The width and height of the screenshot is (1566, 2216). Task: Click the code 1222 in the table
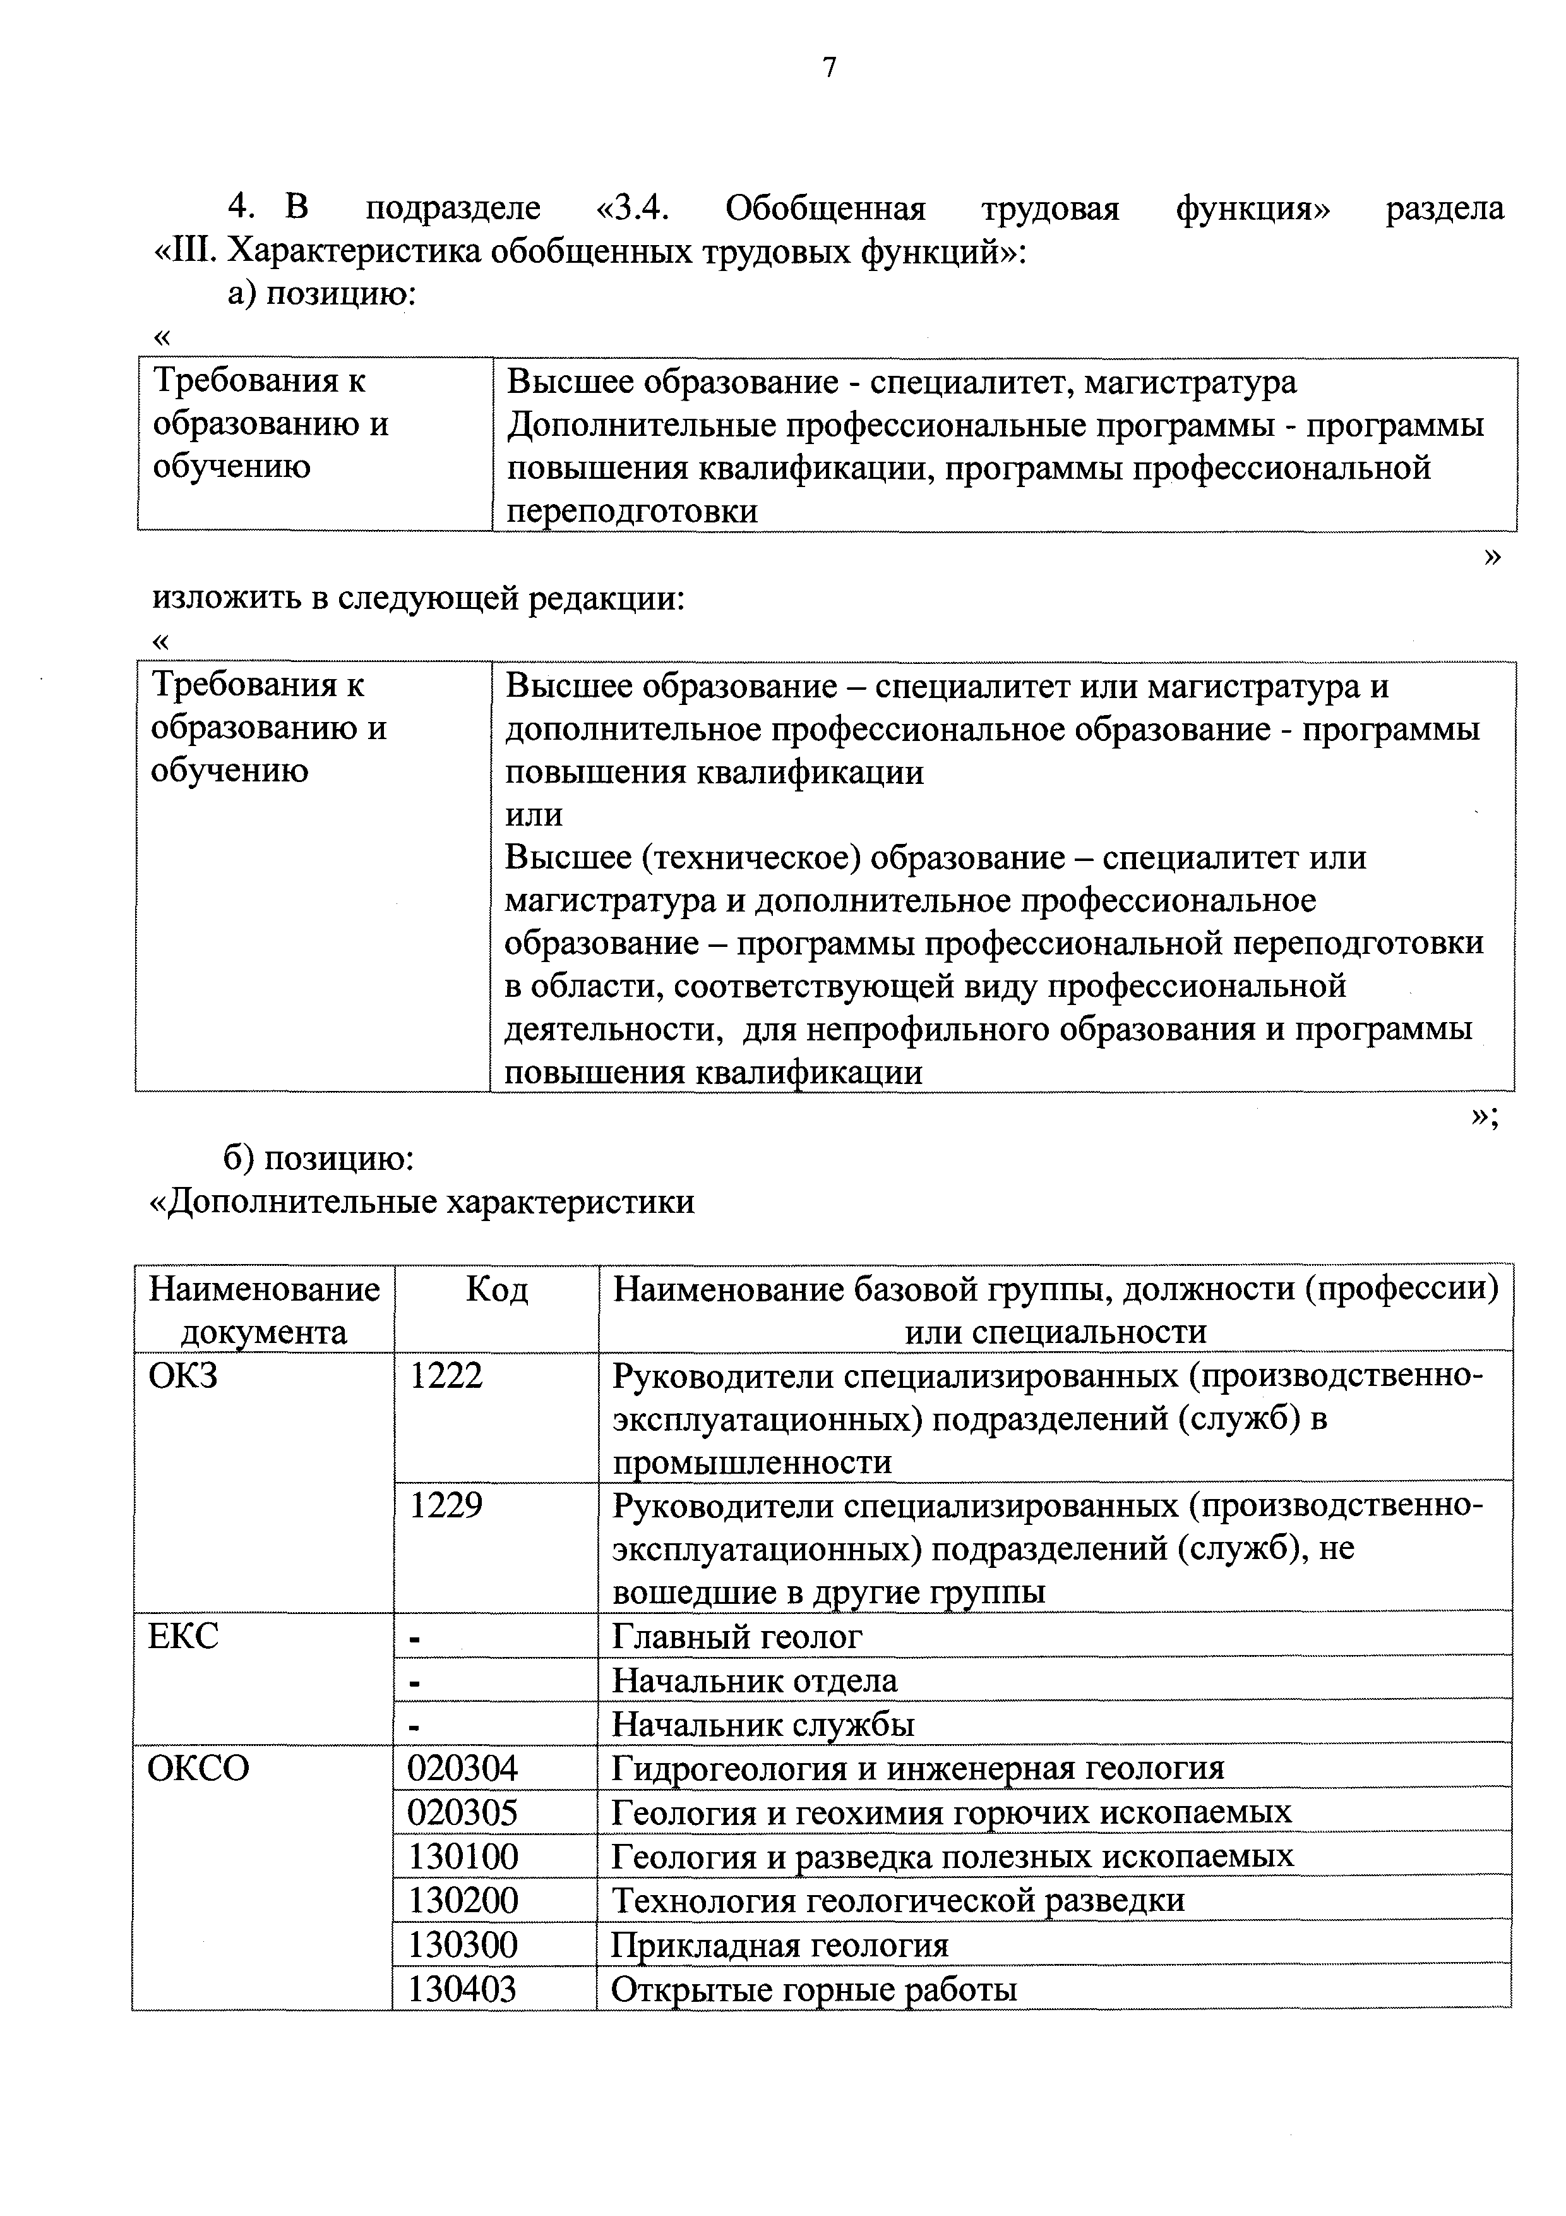(x=446, y=1376)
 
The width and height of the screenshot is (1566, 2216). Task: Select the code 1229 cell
(x=446, y=1505)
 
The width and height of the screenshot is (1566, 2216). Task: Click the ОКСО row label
(x=198, y=1767)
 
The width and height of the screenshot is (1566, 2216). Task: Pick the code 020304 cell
(x=463, y=1767)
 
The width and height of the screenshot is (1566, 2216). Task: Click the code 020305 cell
(x=463, y=1812)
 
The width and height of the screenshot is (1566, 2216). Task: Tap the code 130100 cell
(x=463, y=1855)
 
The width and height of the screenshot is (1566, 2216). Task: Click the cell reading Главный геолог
(x=737, y=1636)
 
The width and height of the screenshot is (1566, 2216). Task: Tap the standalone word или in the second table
(x=534, y=815)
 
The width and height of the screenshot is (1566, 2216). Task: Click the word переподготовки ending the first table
(x=632, y=512)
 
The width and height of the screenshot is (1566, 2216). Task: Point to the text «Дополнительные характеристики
(x=424, y=1201)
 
